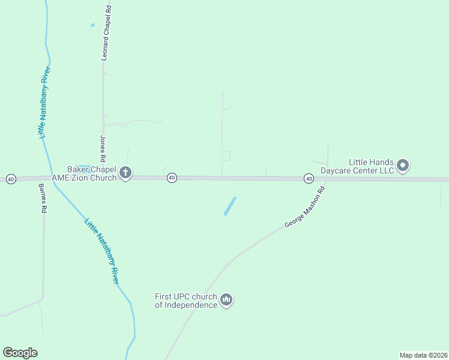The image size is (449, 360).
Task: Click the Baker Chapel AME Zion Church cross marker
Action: click(x=125, y=173)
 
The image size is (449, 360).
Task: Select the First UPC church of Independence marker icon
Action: click(x=226, y=299)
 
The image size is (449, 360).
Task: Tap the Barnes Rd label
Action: click(x=43, y=199)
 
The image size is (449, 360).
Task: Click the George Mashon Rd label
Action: click(x=305, y=206)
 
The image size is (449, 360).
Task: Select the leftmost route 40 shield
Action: click(x=11, y=179)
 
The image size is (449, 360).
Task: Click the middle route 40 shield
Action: click(x=172, y=178)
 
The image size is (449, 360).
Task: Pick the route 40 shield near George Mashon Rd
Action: click(x=309, y=178)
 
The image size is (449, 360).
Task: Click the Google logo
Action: click(x=20, y=353)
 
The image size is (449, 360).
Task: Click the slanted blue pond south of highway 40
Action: click(x=230, y=206)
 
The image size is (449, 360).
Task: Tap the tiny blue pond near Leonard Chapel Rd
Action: click(x=92, y=25)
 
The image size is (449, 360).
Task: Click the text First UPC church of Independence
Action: click(x=186, y=301)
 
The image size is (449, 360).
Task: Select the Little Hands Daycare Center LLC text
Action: click(x=357, y=166)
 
